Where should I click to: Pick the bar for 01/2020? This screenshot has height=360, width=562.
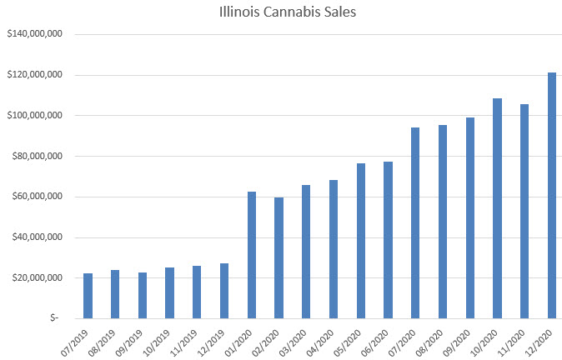(x=252, y=255)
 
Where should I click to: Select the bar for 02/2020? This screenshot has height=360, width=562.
(x=279, y=257)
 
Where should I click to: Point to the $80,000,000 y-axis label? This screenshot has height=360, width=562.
(x=38, y=157)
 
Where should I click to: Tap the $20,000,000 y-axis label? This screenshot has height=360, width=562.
(x=38, y=278)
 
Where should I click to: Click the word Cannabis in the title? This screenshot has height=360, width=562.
(x=289, y=13)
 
